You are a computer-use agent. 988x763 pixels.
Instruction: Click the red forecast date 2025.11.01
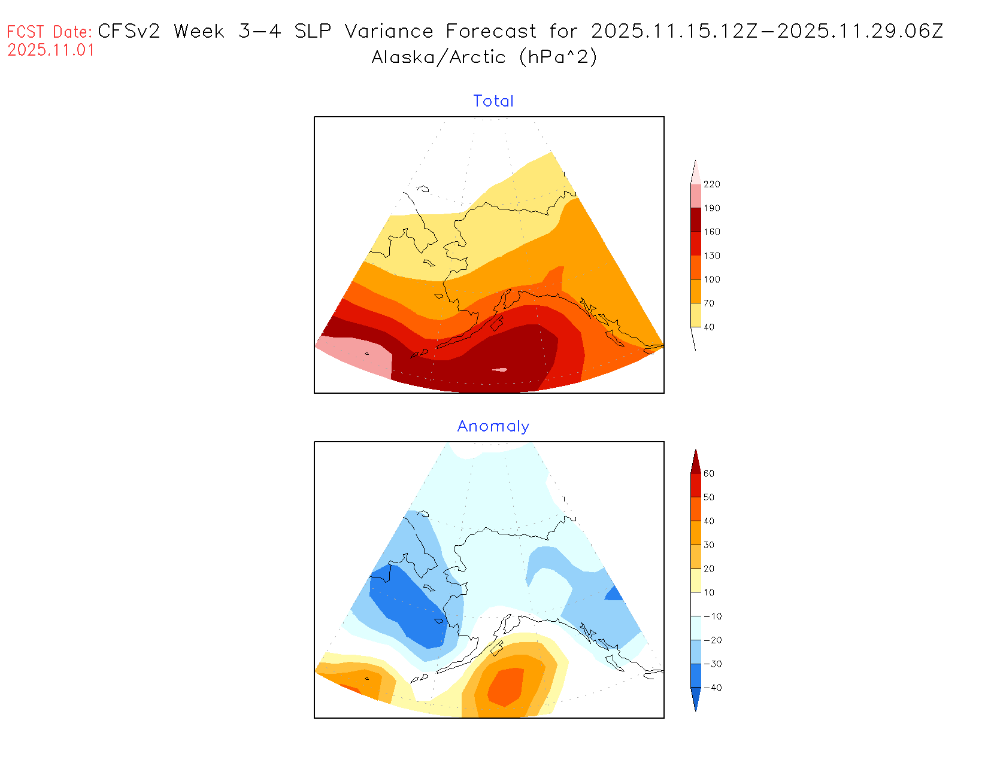click(x=51, y=50)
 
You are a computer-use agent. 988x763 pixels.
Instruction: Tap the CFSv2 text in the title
click(x=129, y=31)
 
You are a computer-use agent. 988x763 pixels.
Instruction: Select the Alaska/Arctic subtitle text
click(x=438, y=57)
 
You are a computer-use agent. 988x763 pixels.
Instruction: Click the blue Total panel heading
click(x=493, y=101)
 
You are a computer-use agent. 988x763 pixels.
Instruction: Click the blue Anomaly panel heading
click(x=493, y=426)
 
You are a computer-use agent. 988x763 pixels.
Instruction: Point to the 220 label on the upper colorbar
click(x=712, y=184)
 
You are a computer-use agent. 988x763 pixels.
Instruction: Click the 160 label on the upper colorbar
click(x=712, y=232)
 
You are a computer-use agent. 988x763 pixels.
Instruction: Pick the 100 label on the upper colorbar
click(x=712, y=279)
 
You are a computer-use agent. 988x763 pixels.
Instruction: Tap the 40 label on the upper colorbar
click(x=709, y=327)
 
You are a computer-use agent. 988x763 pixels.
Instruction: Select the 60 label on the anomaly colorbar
click(x=709, y=474)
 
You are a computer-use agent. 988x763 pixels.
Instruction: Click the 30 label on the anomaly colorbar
click(x=709, y=545)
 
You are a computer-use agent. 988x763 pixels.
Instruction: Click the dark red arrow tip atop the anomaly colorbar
click(x=696, y=462)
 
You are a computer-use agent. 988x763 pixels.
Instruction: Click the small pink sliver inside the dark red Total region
click(x=500, y=370)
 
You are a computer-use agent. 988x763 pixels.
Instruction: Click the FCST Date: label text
click(x=50, y=32)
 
